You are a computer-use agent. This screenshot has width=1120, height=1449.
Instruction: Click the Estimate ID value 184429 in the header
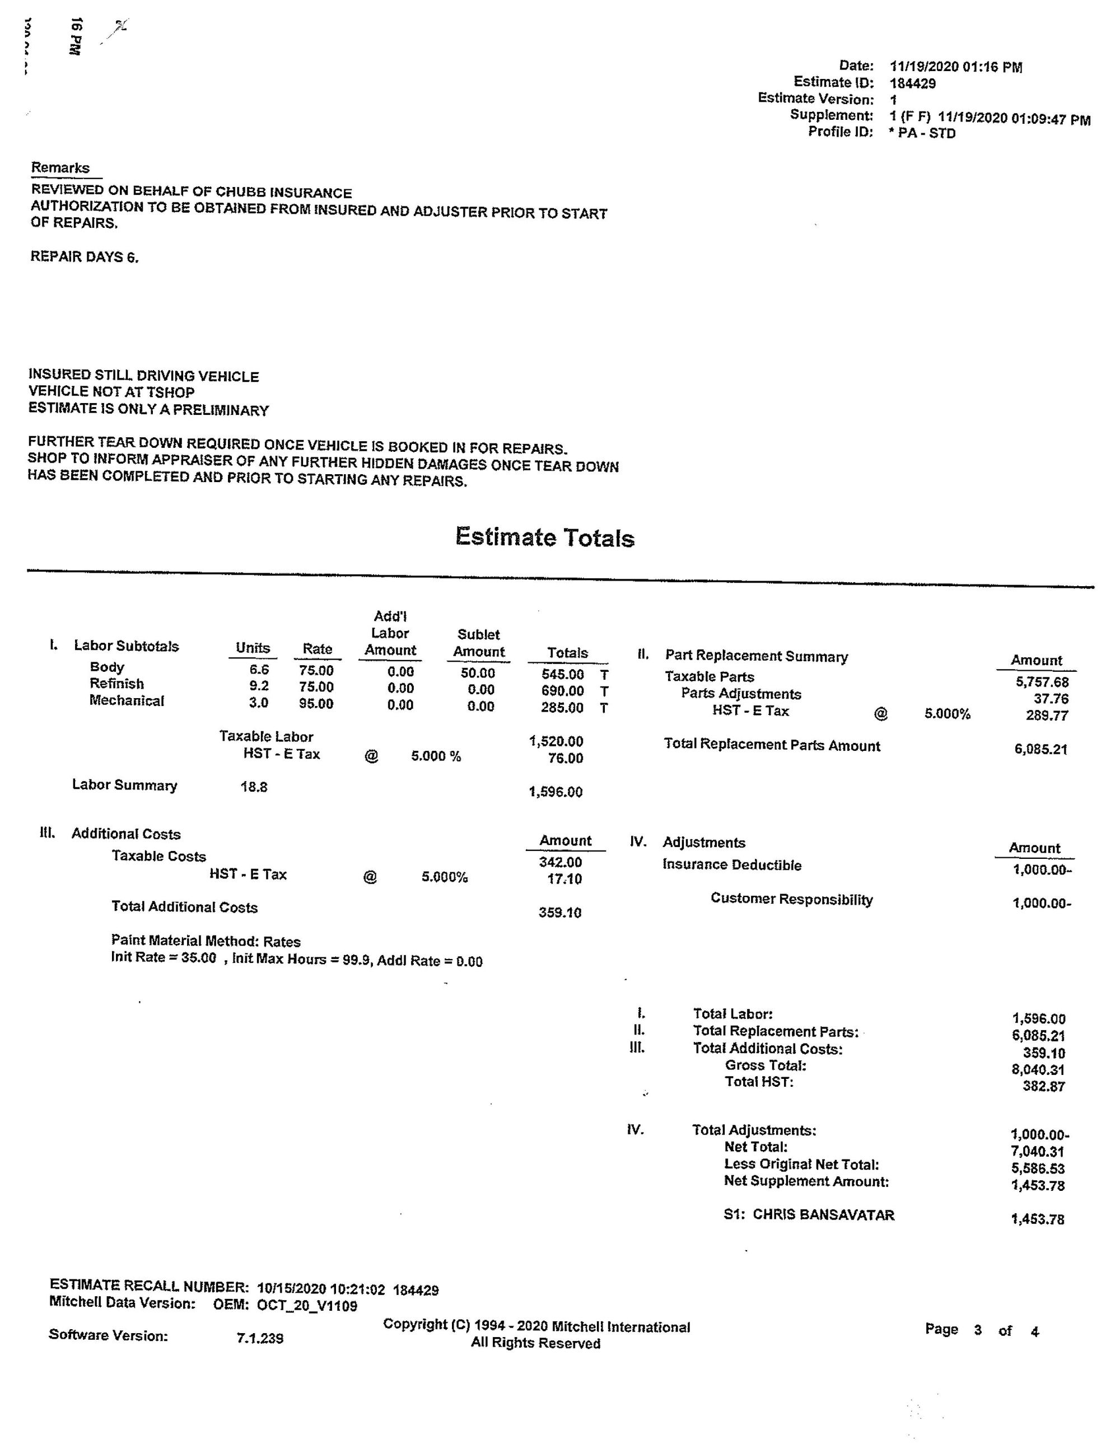tap(912, 83)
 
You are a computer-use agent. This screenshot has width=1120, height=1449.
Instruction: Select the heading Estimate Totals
tap(544, 537)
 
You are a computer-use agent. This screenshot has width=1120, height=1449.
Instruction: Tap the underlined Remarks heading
tap(60, 168)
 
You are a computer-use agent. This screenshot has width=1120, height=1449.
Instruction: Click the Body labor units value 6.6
tap(259, 670)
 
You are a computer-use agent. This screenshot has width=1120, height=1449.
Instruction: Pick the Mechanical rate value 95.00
tap(316, 703)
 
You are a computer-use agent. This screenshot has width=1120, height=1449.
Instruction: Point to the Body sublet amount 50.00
tap(478, 673)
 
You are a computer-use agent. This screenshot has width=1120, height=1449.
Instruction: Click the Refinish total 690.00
tap(562, 691)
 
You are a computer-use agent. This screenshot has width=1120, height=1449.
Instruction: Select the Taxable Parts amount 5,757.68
tap(1042, 682)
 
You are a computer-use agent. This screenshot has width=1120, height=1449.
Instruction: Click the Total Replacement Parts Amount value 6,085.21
tap(1040, 750)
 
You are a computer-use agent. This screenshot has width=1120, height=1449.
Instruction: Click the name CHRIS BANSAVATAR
tap(823, 1215)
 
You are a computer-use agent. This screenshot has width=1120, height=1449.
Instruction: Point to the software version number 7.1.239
tap(260, 1339)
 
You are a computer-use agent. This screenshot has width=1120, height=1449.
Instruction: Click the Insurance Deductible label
tap(732, 865)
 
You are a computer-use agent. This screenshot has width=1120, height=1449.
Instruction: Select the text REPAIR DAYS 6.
tap(84, 257)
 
